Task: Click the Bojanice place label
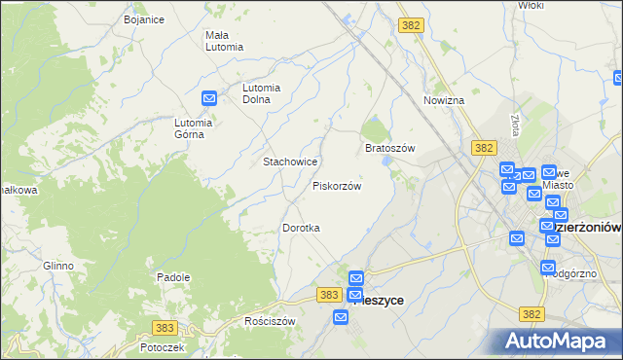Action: (144, 18)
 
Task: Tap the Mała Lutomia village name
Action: (224, 41)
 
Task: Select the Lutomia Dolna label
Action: (262, 92)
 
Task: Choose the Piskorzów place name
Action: (337, 185)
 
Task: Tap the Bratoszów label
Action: (390, 148)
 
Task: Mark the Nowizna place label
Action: (444, 100)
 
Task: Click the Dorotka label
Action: (301, 227)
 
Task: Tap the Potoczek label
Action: (162, 346)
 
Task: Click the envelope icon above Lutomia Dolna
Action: (209, 97)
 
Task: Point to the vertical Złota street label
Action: (514, 125)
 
